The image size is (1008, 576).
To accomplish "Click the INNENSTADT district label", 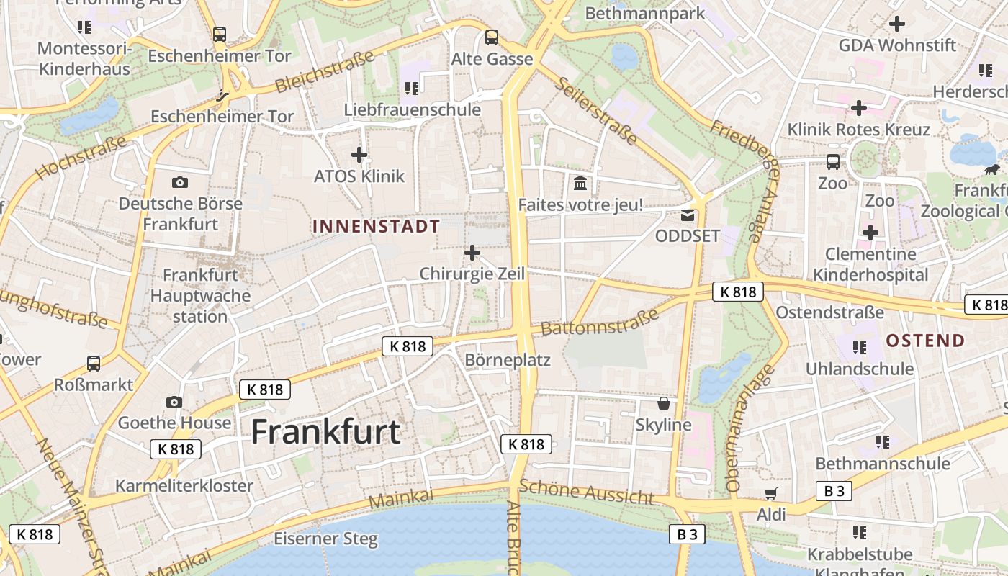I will tap(376, 226).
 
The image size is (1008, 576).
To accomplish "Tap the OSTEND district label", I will tap(925, 341).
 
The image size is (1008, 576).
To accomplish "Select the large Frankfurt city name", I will tap(325, 431).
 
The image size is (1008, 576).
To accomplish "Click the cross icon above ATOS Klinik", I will tap(359, 154).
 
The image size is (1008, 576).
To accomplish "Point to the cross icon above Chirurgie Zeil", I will tap(472, 253).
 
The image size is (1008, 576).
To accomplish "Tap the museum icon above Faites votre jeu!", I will tap(580, 184).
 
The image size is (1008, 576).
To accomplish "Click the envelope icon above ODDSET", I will tap(688, 215).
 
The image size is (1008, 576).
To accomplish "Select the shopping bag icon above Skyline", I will tap(664, 403).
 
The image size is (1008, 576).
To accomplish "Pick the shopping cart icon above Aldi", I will tap(771, 494).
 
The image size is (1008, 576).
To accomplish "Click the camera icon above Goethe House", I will tap(174, 402).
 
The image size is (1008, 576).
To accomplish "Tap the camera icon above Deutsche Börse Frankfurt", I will tap(180, 182).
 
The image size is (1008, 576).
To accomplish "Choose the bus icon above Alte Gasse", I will tap(492, 37).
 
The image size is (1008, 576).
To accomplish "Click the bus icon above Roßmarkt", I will tap(94, 364).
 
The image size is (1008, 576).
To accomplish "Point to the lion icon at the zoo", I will tap(992, 170).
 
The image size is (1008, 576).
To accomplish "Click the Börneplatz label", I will tap(508, 359).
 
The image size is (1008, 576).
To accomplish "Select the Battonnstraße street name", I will tap(599, 322).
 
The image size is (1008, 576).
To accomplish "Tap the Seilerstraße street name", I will tap(595, 111).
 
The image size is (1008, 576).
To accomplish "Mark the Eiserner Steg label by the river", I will tap(325, 539).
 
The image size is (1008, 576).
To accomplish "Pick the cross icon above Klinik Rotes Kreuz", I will tap(858, 108).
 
